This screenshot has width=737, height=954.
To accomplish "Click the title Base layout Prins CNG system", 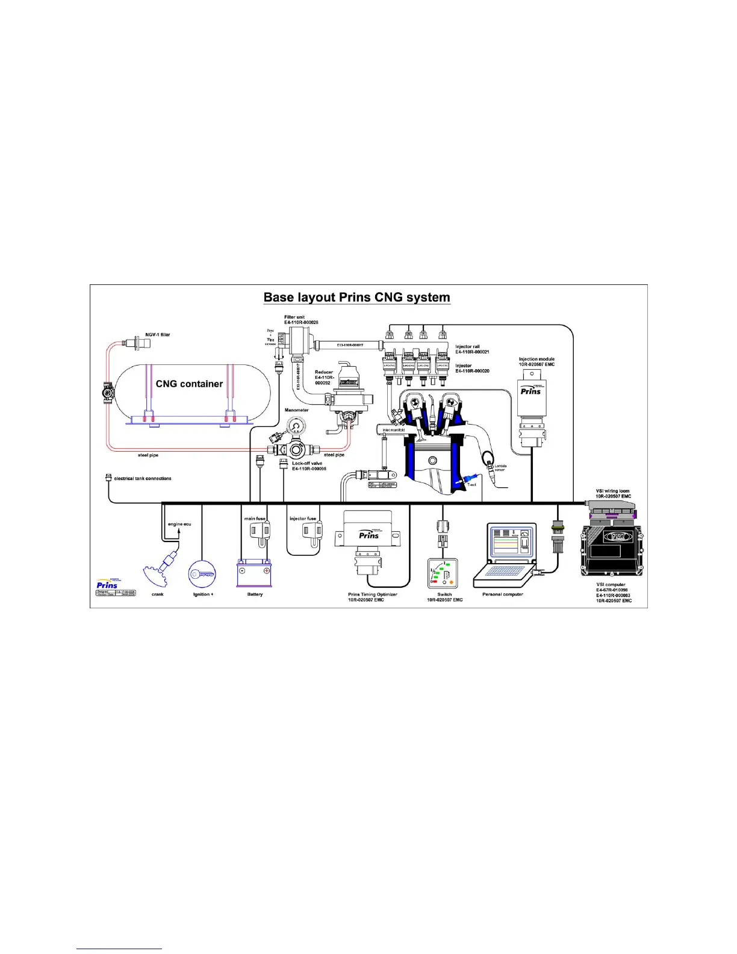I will [x=356, y=298].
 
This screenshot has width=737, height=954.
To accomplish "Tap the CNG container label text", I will [x=189, y=384].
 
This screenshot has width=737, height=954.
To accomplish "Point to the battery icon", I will [x=254, y=573].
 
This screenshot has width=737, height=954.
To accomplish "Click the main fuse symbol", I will [x=260, y=531].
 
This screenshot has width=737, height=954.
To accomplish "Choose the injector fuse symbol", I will [x=311, y=531].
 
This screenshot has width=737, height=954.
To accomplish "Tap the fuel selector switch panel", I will [x=443, y=573].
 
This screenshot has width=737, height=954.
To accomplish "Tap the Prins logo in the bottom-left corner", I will [x=108, y=584].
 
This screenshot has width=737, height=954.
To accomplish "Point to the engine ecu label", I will [x=179, y=524].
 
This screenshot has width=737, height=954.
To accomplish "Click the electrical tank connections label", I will [x=143, y=478].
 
